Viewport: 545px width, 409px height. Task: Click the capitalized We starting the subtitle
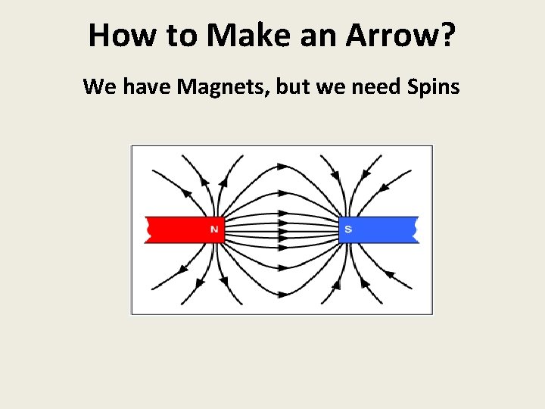click(98, 87)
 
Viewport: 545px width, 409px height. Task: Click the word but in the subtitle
click(294, 87)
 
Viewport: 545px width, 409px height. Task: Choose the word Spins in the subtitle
click(433, 87)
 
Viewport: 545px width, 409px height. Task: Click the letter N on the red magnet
click(214, 229)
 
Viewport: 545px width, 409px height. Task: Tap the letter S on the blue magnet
click(347, 229)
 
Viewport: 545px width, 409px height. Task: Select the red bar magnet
click(182, 229)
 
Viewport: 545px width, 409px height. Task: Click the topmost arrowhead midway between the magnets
click(282, 164)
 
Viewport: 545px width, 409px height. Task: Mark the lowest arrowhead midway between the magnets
click(282, 294)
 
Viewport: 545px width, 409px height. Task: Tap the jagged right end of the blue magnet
click(416, 229)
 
